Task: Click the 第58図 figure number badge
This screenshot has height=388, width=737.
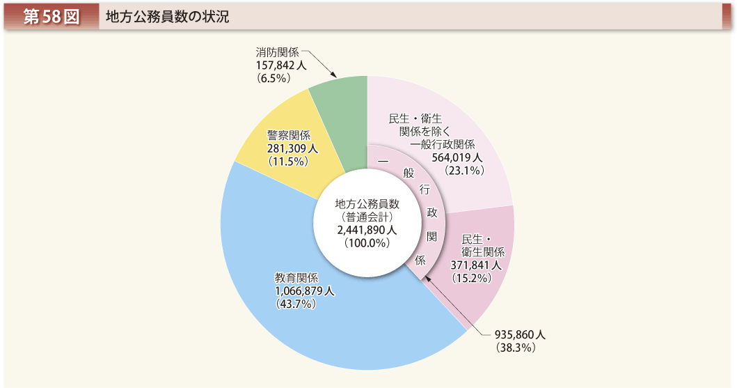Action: point(51,17)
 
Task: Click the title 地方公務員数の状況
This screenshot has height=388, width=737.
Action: point(167,17)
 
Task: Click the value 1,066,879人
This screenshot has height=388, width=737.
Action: point(304,291)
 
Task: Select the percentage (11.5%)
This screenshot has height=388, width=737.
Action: point(288,161)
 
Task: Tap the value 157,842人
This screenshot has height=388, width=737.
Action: point(280,65)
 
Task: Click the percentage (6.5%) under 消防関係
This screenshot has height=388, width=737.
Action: point(273,78)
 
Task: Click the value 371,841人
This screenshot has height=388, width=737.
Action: point(476,265)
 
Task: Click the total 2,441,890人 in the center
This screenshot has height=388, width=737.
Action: point(366,230)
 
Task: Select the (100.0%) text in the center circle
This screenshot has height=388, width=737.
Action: point(366,243)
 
